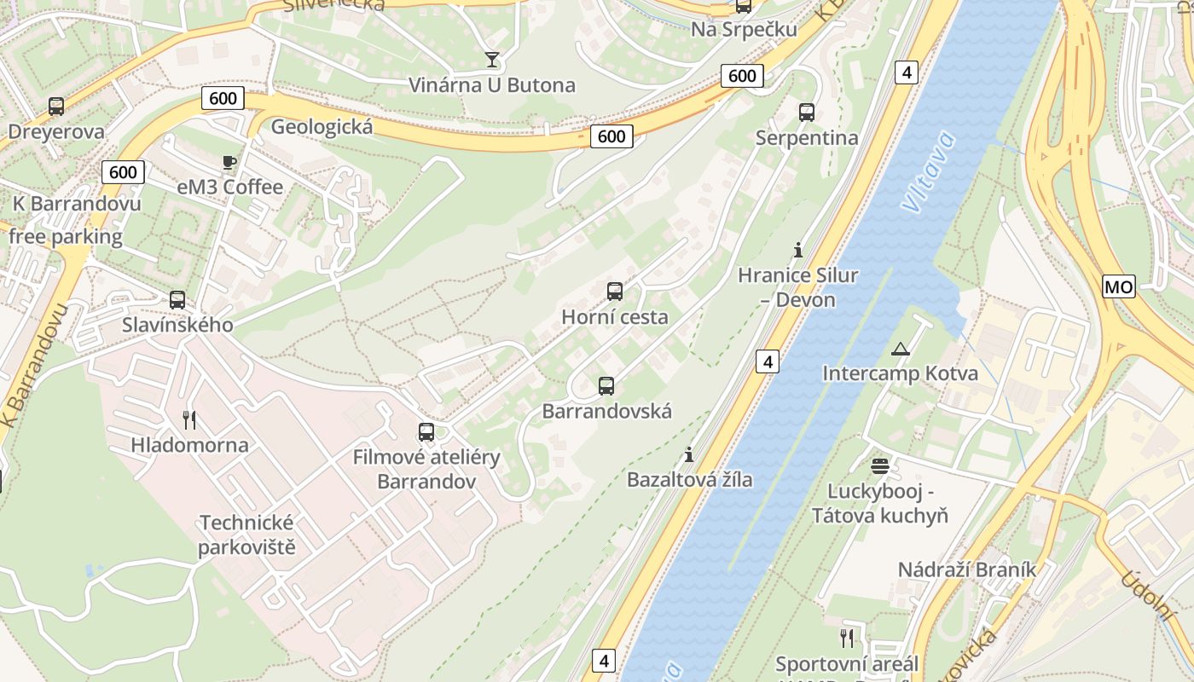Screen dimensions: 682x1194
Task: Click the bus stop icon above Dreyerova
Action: click(x=56, y=107)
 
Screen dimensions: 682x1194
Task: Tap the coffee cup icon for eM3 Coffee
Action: click(x=229, y=162)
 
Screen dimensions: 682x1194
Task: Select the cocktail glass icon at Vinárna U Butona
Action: click(x=491, y=59)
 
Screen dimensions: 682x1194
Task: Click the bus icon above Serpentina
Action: click(x=806, y=112)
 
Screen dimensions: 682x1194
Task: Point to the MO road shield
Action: click(x=1119, y=286)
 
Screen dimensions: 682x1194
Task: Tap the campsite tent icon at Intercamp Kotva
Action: click(x=900, y=349)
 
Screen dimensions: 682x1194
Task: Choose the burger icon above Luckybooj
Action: click(x=880, y=466)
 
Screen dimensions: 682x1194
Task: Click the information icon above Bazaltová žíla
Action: click(x=689, y=454)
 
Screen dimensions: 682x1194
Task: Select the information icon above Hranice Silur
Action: click(x=798, y=250)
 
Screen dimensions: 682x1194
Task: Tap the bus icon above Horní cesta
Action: click(x=615, y=292)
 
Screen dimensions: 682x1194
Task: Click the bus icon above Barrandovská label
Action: click(x=606, y=386)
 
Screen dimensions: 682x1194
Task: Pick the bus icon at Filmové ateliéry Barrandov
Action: click(x=426, y=432)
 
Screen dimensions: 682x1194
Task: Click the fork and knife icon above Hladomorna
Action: click(x=189, y=419)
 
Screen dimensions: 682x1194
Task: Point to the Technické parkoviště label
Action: click(x=246, y=535)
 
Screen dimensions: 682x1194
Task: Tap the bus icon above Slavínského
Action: click(x=177, y=300)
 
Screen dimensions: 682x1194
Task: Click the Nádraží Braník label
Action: click(x=966, y=569)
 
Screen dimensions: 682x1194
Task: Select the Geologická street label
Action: click(x=322, y=127)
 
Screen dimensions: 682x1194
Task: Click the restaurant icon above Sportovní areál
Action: click(x=847, y=639)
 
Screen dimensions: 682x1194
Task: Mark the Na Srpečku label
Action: click(x=744, y=30)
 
